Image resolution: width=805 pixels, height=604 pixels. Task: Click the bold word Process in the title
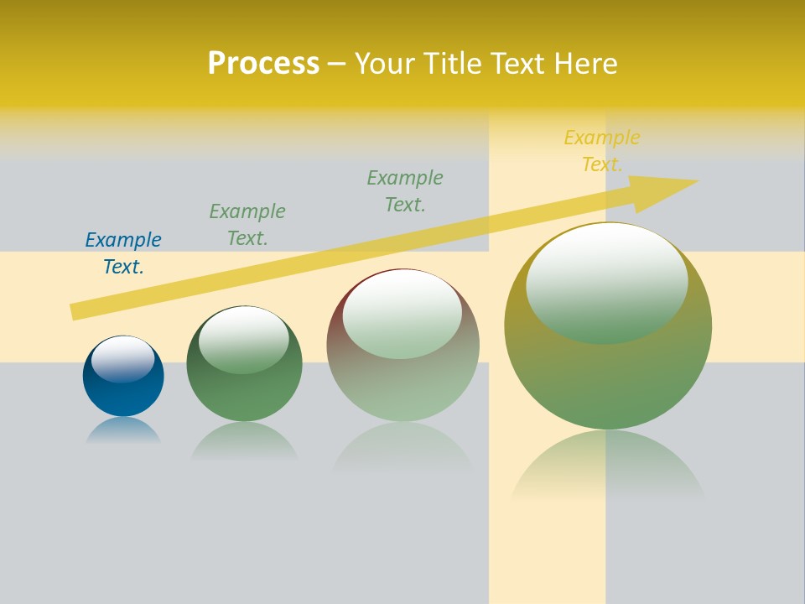tap(263, 64)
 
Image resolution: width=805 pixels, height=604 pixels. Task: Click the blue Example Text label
tap(123, 253)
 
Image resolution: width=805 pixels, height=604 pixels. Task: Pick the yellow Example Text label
tap(602, 151)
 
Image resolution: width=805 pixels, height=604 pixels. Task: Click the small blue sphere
tap(123, 394)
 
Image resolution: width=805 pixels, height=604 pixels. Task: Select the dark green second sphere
tap(244, 394)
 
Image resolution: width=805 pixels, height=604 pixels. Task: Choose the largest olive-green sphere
tap(608, 377)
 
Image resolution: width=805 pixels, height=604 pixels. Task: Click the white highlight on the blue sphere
tap(123, 359)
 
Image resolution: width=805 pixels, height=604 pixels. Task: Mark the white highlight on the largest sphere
tap(607, 284)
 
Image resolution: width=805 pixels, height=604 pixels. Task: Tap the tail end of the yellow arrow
tap(78, 311)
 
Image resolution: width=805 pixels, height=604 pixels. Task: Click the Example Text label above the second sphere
tap(247, 225)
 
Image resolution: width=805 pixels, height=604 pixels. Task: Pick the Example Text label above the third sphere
tap(405, 191)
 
